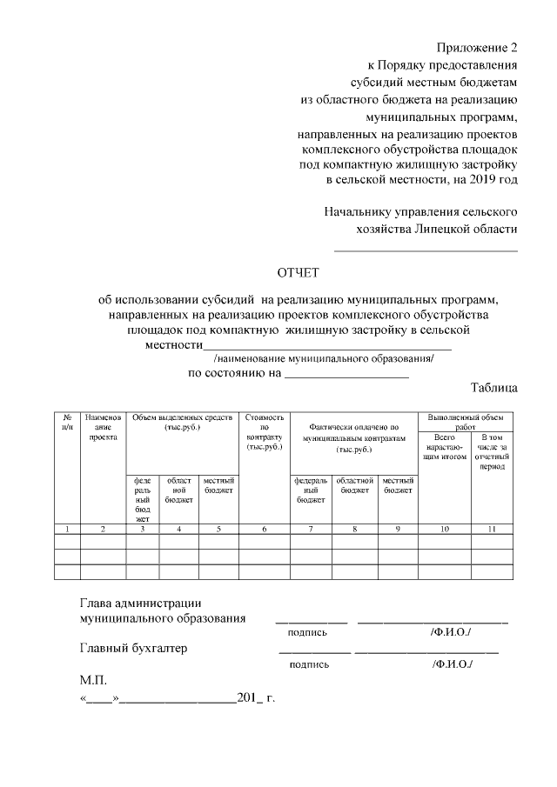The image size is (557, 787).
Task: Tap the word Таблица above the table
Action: (493, 388)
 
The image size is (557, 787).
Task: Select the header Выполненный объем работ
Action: (466, 422)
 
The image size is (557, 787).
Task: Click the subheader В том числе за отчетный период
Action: (492, 451)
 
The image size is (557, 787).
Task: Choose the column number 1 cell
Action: (67, 528)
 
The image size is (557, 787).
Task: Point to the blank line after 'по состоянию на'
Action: (346, 375)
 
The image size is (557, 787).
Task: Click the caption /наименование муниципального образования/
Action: (323, 359)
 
